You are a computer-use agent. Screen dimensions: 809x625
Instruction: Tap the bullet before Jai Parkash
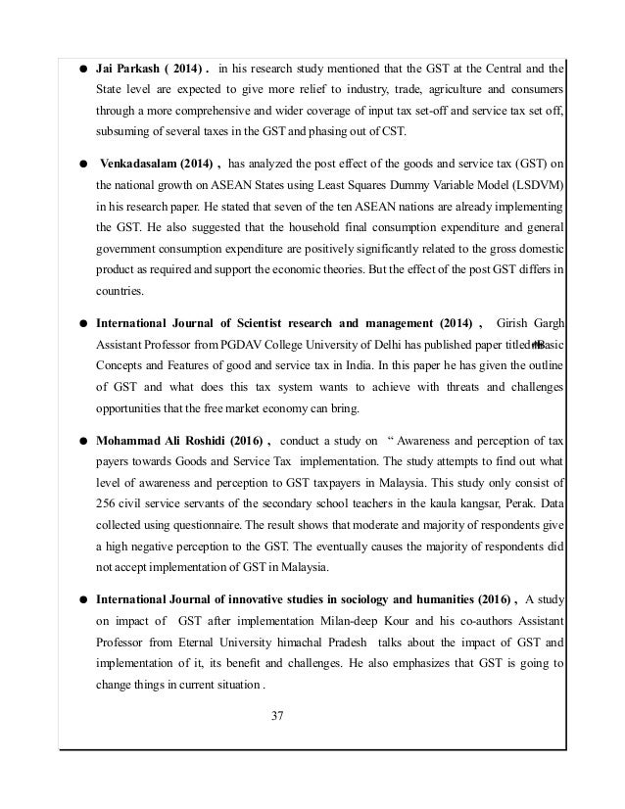[86, 42]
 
